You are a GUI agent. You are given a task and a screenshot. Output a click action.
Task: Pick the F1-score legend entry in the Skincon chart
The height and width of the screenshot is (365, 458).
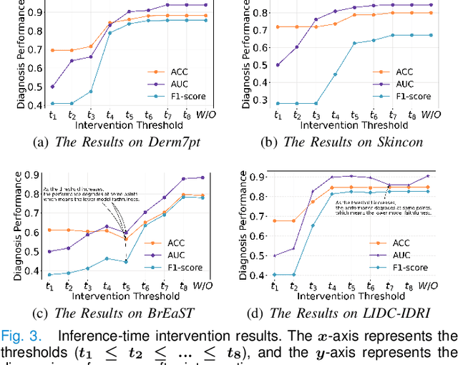413,96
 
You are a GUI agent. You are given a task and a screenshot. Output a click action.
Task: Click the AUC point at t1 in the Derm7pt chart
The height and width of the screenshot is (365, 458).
52,87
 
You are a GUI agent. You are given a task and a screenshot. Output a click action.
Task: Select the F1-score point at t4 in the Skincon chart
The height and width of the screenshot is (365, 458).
334,74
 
